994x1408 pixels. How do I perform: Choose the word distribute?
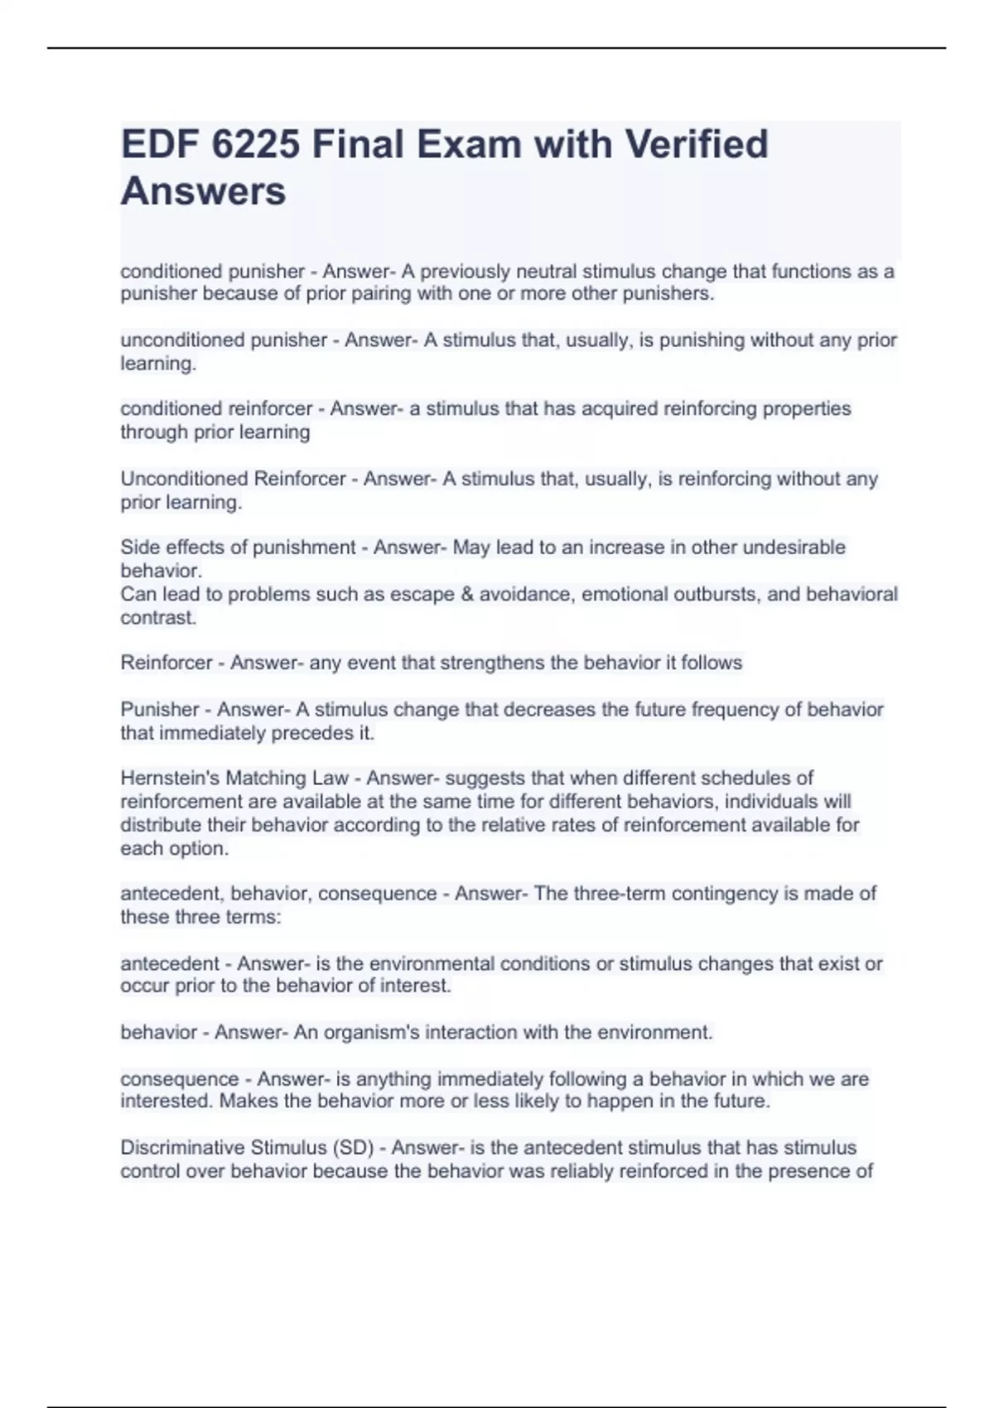(156, 825)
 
